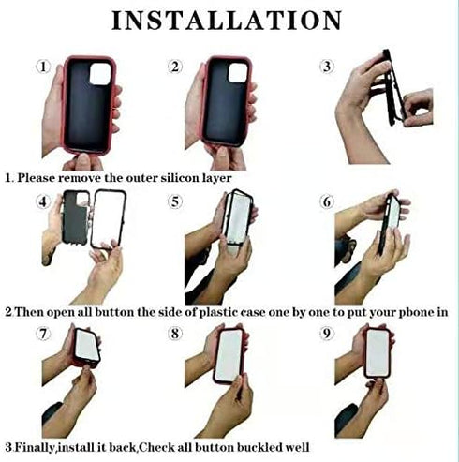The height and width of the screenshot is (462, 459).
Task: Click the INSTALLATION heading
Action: (227, 21)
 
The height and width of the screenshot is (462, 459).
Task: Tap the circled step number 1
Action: (43, 67)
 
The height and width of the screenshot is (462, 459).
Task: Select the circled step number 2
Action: (175, 67)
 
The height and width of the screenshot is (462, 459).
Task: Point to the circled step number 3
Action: (327, 67)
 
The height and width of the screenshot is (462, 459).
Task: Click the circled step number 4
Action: (43, 201)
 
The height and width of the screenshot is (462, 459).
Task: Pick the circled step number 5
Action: (175, 201)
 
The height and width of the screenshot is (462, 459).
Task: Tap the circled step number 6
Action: (327, 201)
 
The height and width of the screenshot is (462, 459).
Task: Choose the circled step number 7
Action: (43, 334)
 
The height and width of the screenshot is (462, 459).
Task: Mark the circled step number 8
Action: (175, 334)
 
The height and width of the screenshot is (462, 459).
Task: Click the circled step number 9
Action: (327, 334)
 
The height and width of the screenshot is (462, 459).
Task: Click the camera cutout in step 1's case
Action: (100, 74)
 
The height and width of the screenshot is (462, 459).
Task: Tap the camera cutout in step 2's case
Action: (239, 73)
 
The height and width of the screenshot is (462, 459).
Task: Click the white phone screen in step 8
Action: (229, 356)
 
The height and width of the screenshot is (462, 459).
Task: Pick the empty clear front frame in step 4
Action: (93, 218)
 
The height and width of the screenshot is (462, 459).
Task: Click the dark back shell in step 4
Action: (75, 217)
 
